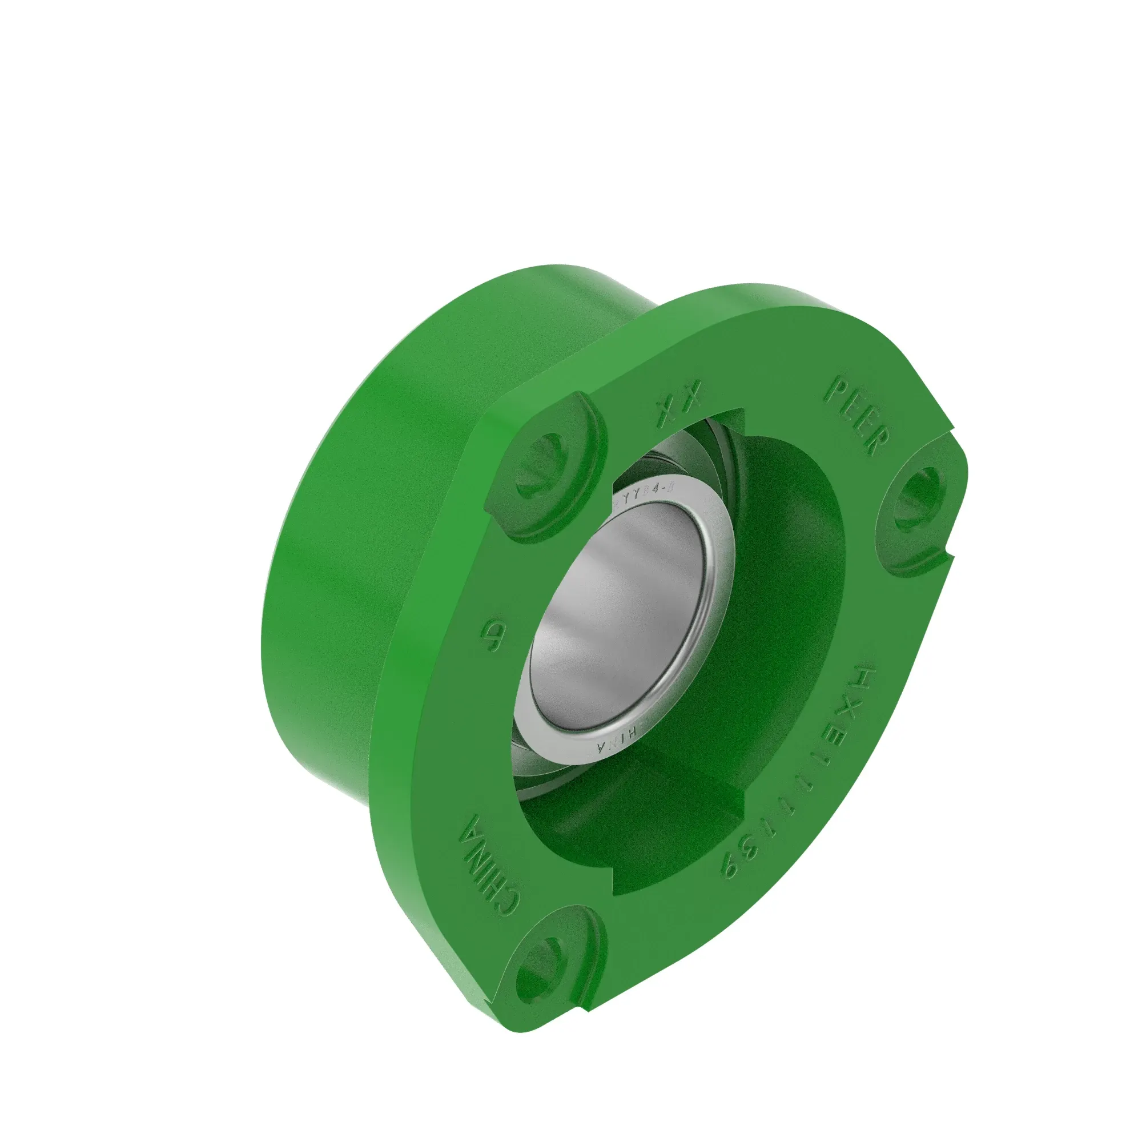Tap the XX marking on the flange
679,403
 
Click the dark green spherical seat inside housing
786,591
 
